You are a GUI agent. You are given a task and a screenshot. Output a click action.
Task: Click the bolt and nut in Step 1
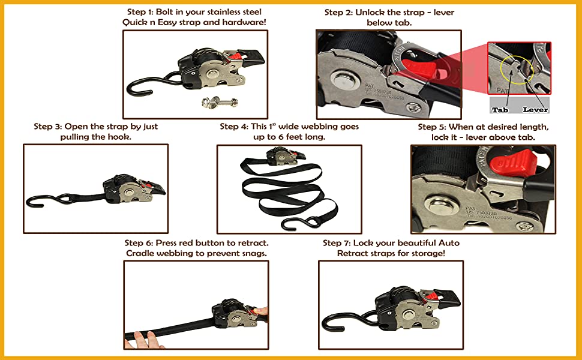220,101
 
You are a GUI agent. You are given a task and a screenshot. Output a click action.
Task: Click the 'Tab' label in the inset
500,110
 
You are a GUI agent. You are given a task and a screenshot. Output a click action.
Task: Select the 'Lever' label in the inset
535,110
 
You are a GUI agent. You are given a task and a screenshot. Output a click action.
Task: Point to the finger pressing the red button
262,311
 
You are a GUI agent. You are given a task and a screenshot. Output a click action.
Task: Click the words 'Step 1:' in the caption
140,12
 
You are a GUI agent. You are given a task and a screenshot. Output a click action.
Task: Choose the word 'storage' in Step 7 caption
426,253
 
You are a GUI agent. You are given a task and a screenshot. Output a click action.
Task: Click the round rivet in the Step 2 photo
341,79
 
